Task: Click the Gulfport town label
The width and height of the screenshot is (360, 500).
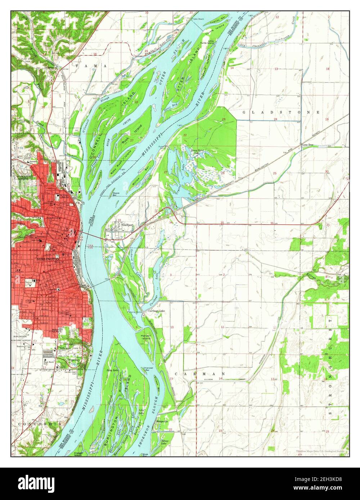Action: pos(127,225)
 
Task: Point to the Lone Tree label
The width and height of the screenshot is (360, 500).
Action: pos(308,144)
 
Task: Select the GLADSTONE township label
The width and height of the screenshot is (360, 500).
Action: pos(280,112)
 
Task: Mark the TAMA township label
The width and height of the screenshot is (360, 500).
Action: pos(91,66)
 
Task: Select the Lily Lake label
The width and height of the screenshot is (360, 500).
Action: pos(141,412)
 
